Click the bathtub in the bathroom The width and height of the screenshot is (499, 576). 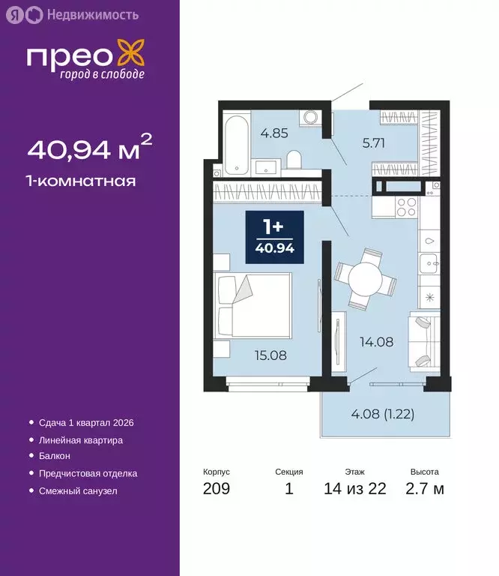(235, 145)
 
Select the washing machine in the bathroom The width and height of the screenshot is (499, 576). (309, 119)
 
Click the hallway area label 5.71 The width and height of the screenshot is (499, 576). (352, 143)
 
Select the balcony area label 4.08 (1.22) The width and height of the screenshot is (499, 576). (383, 412)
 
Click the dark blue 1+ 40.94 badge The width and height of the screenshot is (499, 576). (275, 237)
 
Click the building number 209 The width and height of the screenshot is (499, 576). (217, 490)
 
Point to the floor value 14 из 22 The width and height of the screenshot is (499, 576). (355, 490)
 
